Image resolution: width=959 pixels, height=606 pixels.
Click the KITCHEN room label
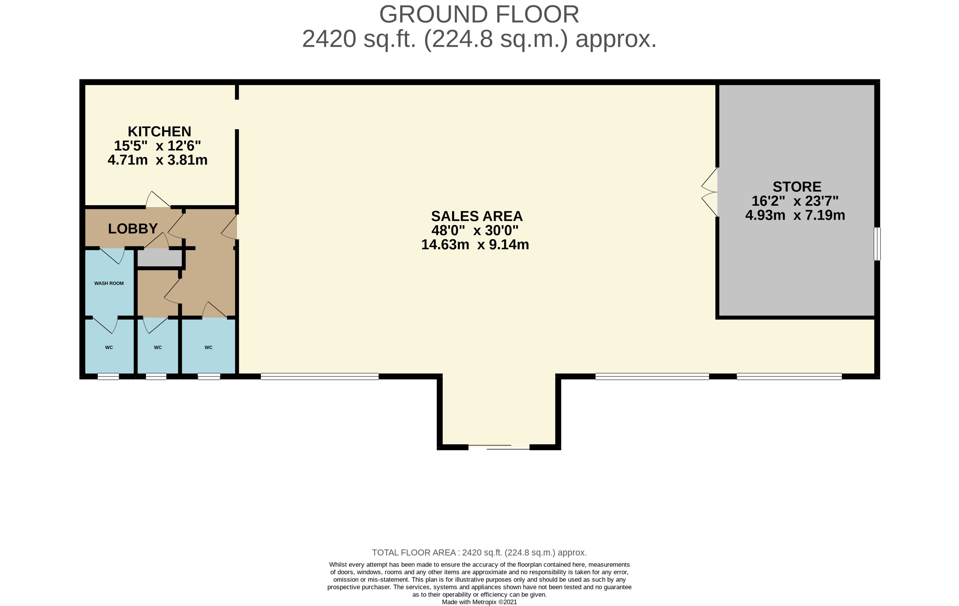(x=159, y=132)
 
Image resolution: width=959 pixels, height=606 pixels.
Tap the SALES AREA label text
(x=477, y=216)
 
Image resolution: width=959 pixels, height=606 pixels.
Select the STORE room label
(x=797, y=187)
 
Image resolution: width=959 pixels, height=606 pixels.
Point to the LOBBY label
(x=133, y=229)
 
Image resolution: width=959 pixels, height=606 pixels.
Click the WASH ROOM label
(x=109, y=283)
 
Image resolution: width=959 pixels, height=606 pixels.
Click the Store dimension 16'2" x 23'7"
(x=795, y=201)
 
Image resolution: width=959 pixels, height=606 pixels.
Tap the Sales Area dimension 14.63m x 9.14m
(x=475, y=245)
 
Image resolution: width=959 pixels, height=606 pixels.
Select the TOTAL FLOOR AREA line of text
(x=479, y=553)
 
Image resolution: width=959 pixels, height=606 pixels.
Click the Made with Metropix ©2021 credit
(x=479, y=602)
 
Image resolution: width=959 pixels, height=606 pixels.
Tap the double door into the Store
(x=710, y=192)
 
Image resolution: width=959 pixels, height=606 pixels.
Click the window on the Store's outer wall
(x=877, y=244)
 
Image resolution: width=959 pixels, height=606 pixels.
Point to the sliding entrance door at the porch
(x=499, y=447)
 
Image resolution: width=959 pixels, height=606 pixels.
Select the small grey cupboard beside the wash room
(x=160, y=258)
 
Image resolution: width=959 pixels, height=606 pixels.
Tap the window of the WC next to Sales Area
(x=209, y=376)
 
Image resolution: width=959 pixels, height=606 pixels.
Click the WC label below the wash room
(x=109, y=347)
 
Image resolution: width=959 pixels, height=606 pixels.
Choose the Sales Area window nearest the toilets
(x=319, y=376)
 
